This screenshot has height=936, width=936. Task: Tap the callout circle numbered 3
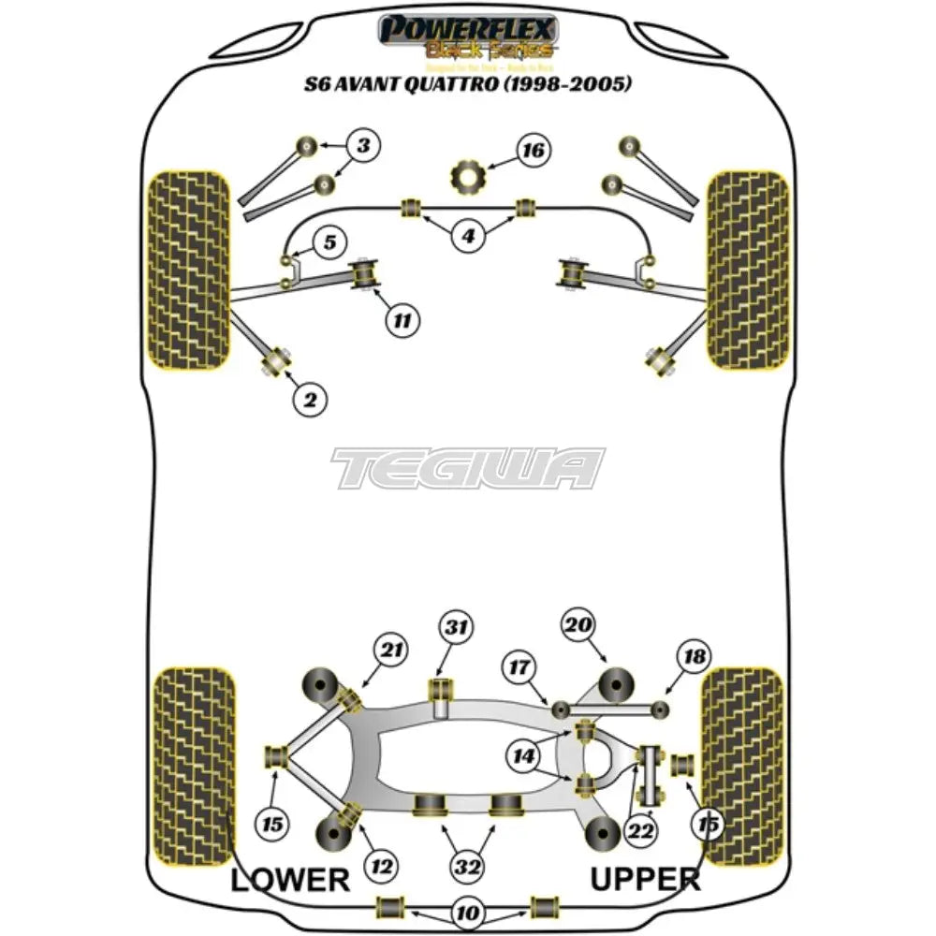(363, 145)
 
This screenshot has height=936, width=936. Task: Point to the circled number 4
(468, 237)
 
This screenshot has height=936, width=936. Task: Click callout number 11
(402, 321)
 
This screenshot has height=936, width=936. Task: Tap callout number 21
(392, 648)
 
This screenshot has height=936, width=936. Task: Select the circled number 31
(459, 628)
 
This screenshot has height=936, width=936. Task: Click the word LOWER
(289, 880)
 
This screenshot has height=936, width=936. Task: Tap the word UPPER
(644, 880)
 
